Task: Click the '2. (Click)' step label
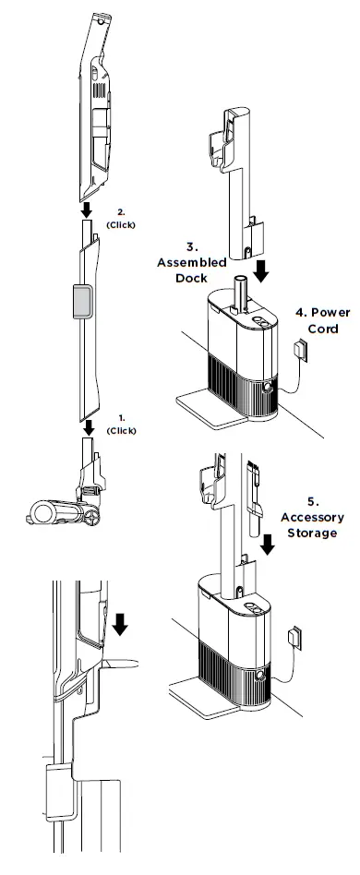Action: [x=122, y=219]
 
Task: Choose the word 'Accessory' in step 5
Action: [x=312, y=518]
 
